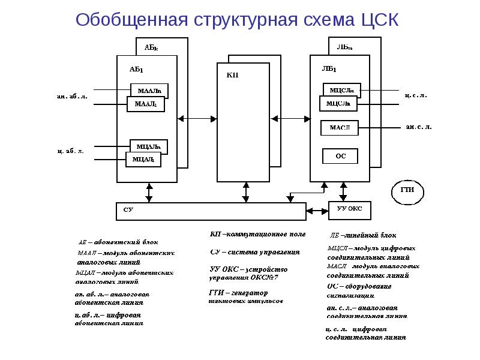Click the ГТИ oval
(x=407, y=190)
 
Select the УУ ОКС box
(x=350, y=210)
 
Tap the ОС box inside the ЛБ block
(x=340, y=156)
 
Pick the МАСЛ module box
(x=340, y=127)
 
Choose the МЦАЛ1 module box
(x=143, y=159)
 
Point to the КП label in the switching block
(x=233, y=75)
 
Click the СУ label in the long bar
(x=128, y=211)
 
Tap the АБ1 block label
(x=136, y=70)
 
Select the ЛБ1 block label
(x=329, y=68)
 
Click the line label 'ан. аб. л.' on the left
(x=72, y=96)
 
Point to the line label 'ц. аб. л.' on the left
(x=70, y=151)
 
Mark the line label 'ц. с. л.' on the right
(x=414, y=95)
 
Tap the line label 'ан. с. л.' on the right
(x=419, y=127)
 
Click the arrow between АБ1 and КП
(x=197, y=119)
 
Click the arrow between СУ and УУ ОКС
(x=317, y=211)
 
